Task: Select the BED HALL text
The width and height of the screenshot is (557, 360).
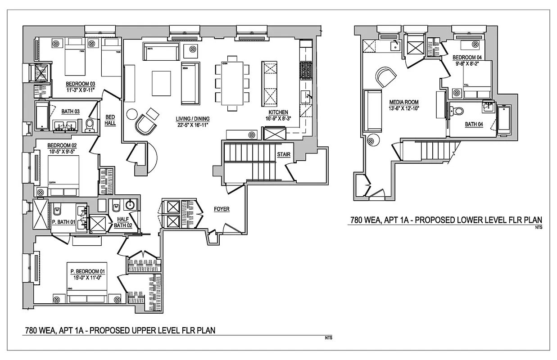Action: [110, 119]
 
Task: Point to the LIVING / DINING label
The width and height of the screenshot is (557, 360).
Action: [192, 119]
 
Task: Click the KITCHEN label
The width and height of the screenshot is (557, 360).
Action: [278, 112]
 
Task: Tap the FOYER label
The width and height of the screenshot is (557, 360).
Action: [222, 209]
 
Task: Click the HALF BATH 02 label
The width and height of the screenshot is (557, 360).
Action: [122, 222]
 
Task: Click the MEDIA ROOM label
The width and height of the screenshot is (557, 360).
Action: [404, 102]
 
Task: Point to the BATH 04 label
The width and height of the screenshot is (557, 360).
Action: [474, 124]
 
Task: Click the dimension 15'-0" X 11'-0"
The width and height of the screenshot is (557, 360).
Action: [87, 278]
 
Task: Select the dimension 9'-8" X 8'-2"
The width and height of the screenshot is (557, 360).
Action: [467, 64]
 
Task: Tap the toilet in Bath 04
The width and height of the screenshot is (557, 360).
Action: [457, 111]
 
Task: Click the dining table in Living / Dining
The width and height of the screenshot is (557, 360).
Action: [232, 83]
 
